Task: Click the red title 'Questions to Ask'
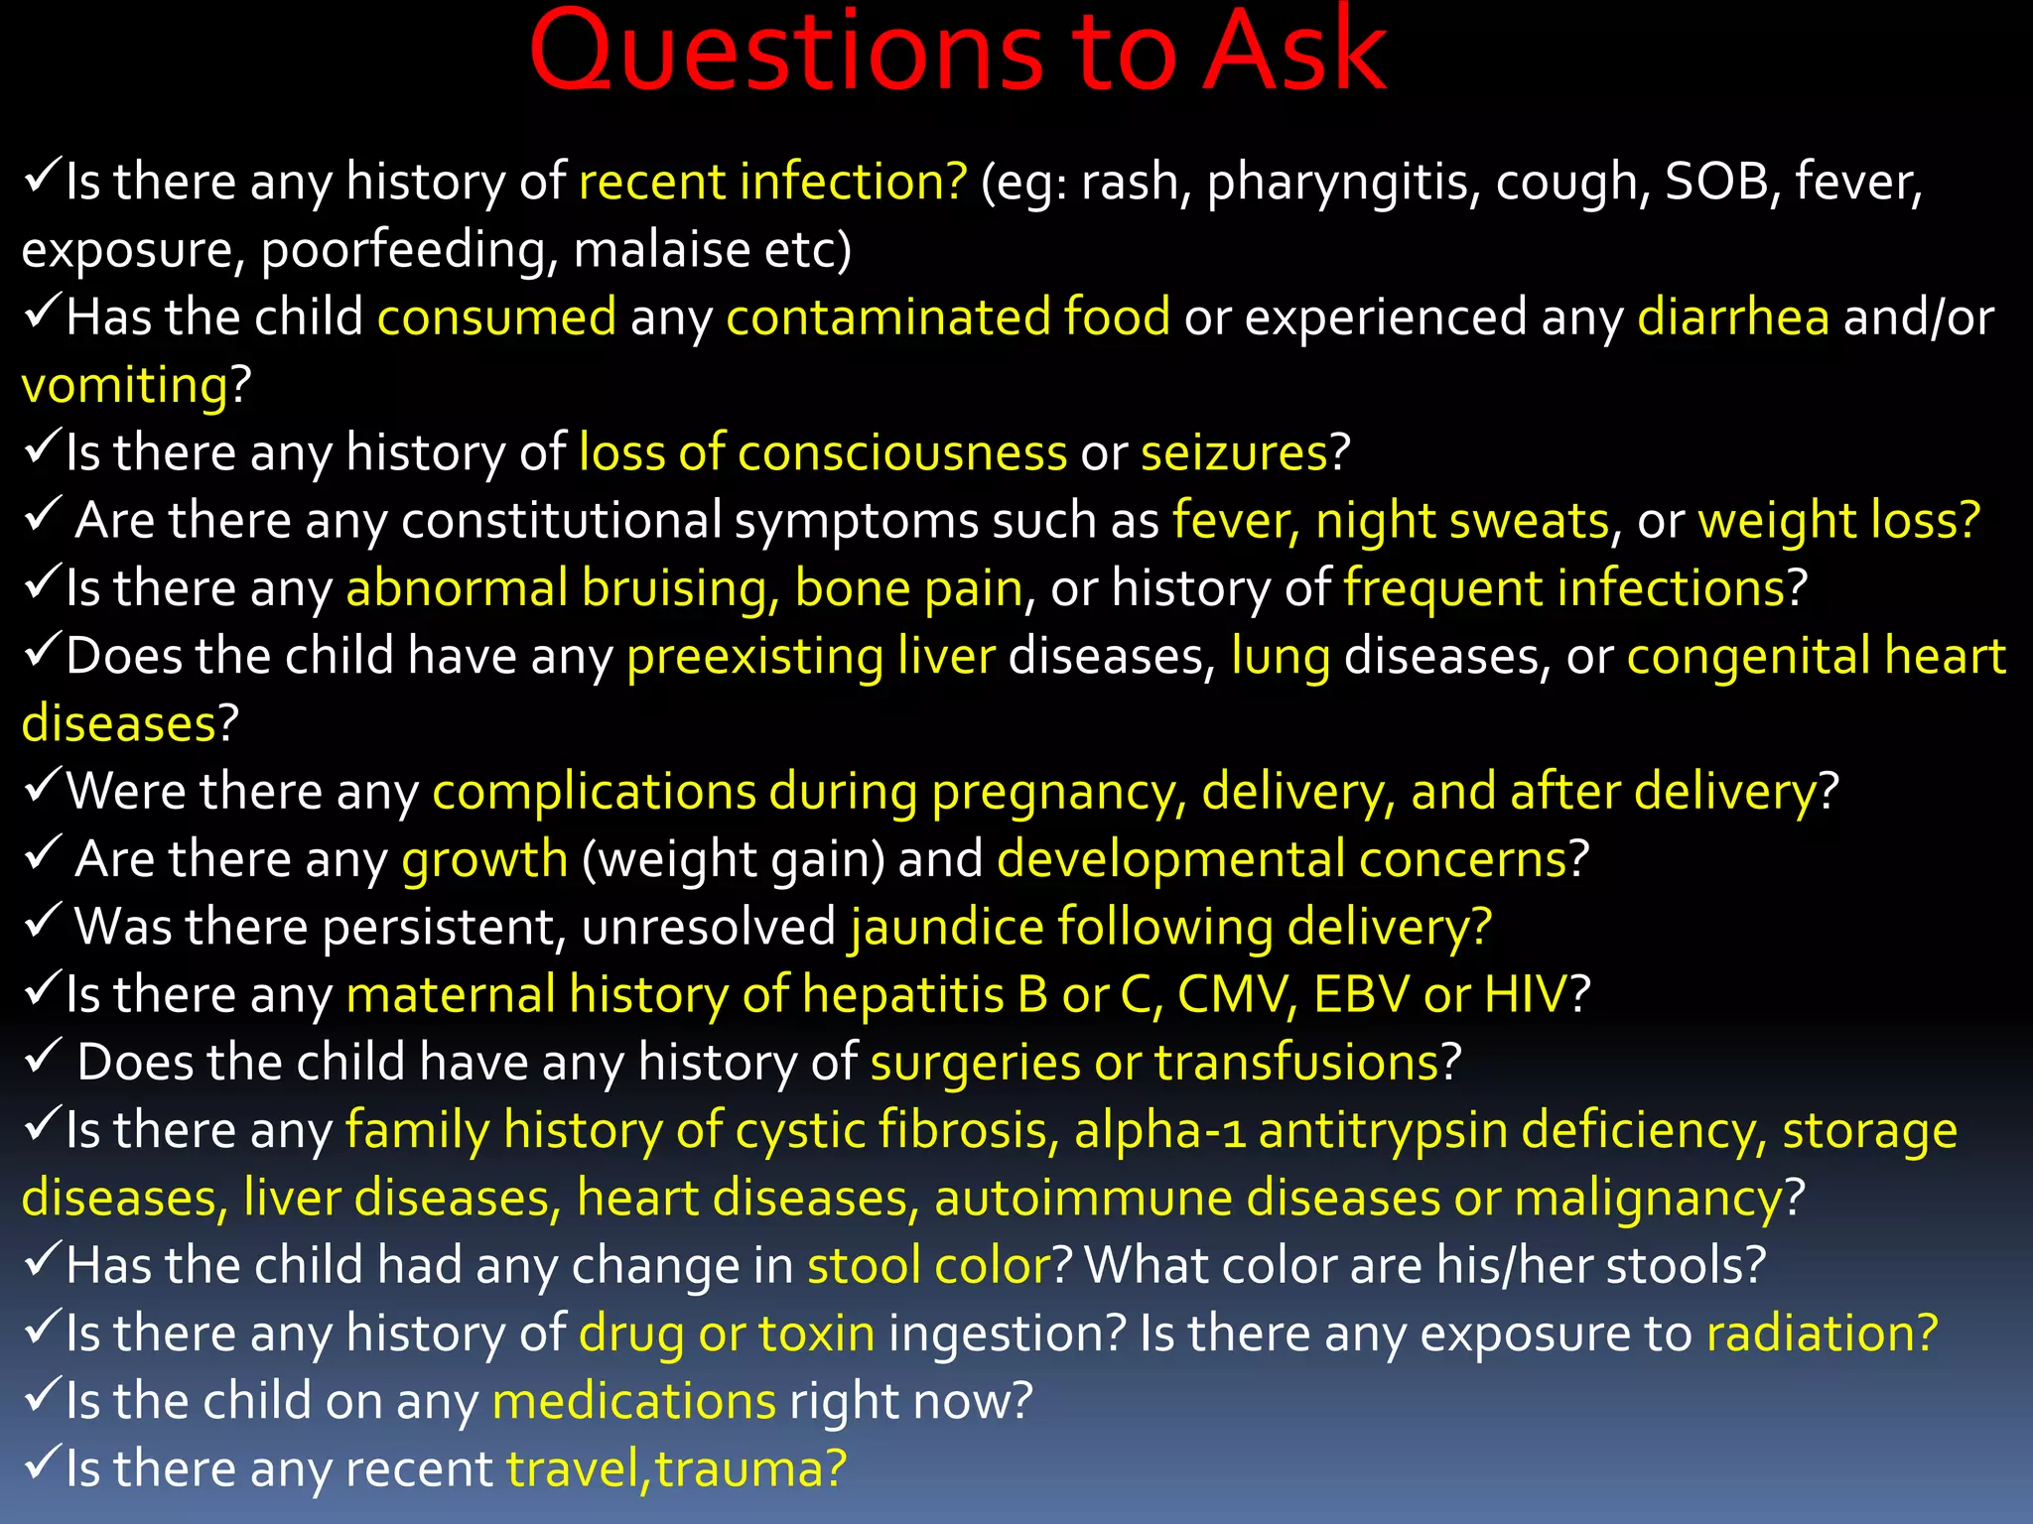coord(957,52)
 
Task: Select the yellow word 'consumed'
coord(496,318)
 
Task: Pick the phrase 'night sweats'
coord(1461,522)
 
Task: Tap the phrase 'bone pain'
coord(908,589)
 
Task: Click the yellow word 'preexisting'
coord(754,658)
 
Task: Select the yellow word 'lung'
coord(1281,658)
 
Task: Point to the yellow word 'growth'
coord(484,860)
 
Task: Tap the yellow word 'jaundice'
coord(946,928)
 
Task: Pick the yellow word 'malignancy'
coord(1648,1199)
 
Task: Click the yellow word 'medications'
coord(633,1402)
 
